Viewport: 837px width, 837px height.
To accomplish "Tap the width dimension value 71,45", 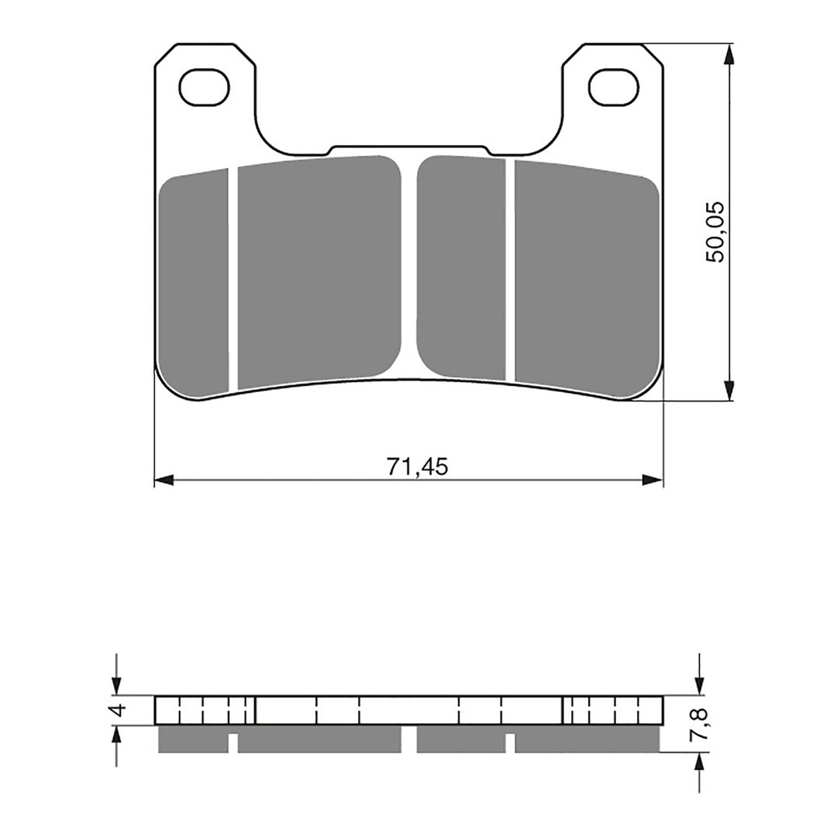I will click(x=417, y=467).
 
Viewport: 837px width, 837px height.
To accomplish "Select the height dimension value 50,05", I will click(x=715, y=232).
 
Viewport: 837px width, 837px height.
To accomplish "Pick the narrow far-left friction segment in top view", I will click(x=193, y=283).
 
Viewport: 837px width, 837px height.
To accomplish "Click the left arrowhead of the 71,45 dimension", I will click(x=164, y=480).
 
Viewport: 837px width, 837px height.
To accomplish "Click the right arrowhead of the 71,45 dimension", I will click(x=654, y=480).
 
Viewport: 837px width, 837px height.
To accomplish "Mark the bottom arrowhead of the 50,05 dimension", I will click(x=728, y=391).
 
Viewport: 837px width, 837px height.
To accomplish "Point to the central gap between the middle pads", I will click(x=409, y=263).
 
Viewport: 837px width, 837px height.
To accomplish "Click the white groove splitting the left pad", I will click(x=233, y=279).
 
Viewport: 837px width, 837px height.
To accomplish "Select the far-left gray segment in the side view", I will click(x=193, y=739).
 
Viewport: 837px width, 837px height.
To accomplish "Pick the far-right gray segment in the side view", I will click(x=587, y=739).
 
